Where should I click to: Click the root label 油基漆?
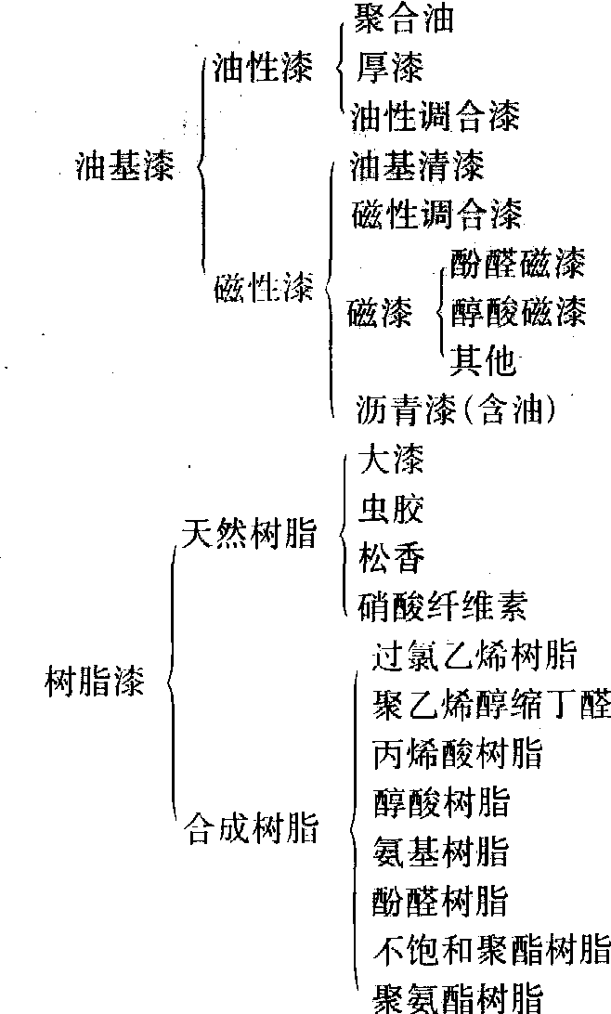124,168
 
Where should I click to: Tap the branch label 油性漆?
262,69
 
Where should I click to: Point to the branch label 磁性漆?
263,288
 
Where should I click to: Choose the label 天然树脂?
250,534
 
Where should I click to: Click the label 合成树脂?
252,827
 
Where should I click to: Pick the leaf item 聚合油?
403,19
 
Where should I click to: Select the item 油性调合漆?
435,115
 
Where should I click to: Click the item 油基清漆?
418,167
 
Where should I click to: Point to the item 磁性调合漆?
437,214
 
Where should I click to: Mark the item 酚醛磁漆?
517,264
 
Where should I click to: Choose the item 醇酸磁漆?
518,312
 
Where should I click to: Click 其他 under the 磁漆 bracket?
483,359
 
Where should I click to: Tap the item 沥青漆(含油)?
457,409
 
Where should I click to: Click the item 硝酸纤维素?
442,606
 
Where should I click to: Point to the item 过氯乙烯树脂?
474,656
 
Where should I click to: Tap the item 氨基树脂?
440,851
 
